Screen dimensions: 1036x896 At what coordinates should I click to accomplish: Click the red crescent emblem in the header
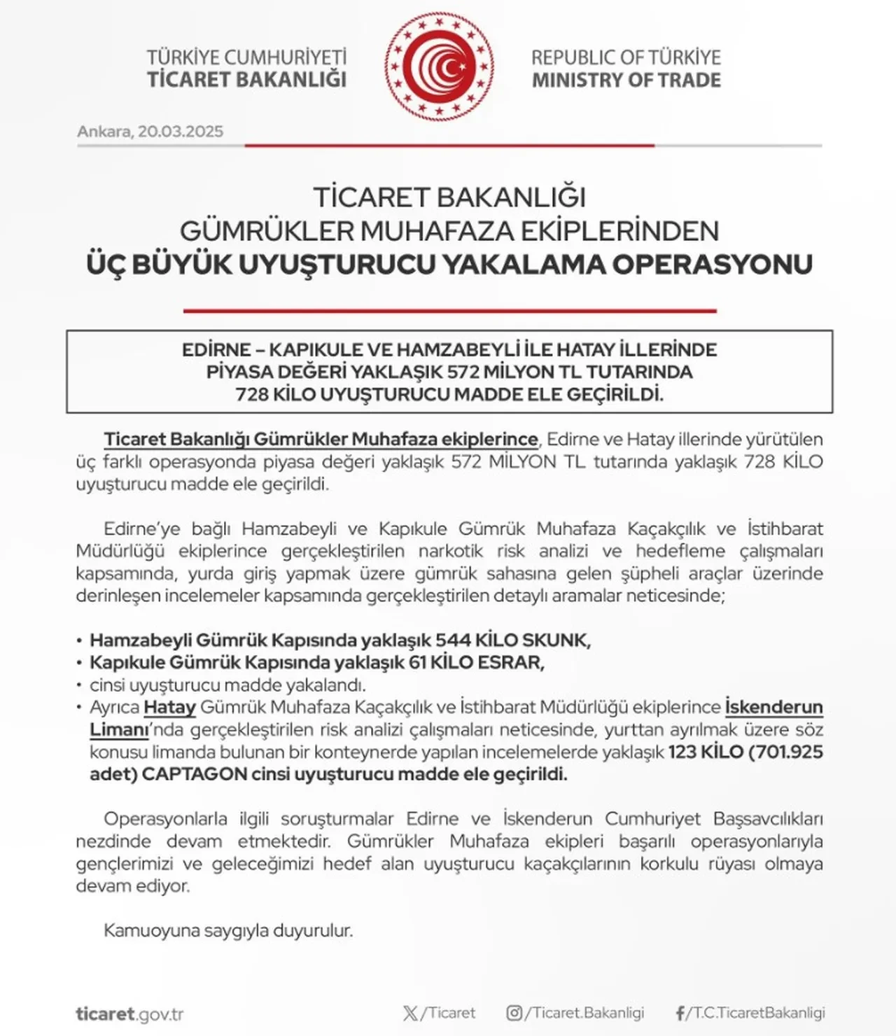tap(439, 66)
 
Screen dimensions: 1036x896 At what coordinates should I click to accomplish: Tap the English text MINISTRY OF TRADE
tap(626, 80)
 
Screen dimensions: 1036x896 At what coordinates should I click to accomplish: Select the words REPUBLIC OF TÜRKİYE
tap(626, 57)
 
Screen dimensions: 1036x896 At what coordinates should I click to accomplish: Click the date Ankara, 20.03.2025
tap(150, 132)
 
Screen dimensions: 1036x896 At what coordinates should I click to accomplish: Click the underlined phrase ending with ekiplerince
tap(321, 440)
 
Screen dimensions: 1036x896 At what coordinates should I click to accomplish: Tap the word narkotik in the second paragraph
tap(450, 551)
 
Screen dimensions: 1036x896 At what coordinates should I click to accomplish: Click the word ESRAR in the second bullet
tap(510, 663)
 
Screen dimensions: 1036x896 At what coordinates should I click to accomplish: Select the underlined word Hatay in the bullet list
tap(169, 708)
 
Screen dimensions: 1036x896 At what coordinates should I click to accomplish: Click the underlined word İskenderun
tap(773, 708)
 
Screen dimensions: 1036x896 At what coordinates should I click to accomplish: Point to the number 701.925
tap(788, 752)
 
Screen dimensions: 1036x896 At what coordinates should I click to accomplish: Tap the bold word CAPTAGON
tap(195, 775)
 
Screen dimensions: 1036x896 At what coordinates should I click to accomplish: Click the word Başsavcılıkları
tap(768, 819)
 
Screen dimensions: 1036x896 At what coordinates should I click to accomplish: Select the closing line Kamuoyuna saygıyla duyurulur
tap(228, 931)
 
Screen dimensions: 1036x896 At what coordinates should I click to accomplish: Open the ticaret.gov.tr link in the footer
tap(129, 1014)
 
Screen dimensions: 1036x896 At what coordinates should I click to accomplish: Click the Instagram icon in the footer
tap(514, 1013)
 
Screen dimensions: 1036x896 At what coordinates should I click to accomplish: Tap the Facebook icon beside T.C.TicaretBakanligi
tap(680, 1013)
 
